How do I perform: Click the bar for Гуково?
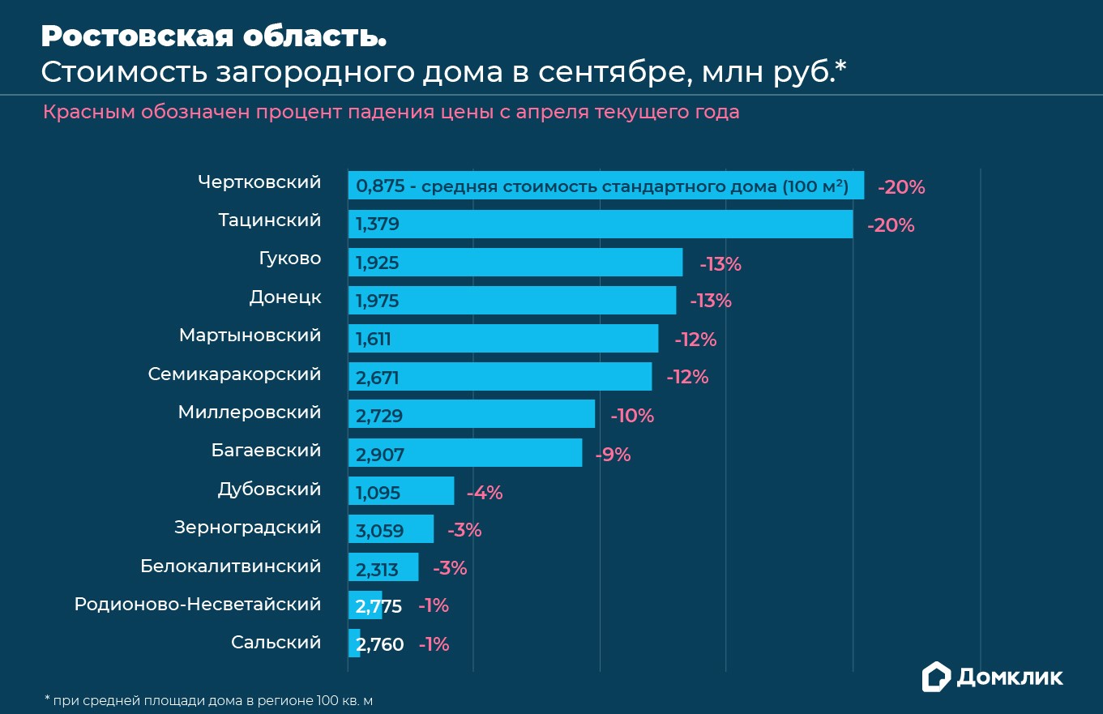pos(515,263)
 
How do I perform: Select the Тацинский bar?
pos(601,224)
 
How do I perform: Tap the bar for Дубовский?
pos(401,491)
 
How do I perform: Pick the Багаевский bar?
pos(465,453)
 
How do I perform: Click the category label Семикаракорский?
pos(234,374)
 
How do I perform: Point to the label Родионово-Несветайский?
pos(198,605)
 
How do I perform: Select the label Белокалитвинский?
pos(231,566)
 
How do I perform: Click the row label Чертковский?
pos(259,182)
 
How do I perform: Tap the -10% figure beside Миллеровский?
pos(632,416)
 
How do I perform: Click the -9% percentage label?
pos(613,455)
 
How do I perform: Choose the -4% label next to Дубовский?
pos(485,493)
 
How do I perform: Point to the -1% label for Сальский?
pos(434,645)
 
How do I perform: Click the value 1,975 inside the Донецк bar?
pos(378,301)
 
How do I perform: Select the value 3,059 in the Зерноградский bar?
pos(379,532)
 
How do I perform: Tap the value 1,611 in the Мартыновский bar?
pos(374,340)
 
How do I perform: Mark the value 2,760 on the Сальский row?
pos(380,645)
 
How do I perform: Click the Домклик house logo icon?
pos(936,677)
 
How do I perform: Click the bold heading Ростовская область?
pos(214,36)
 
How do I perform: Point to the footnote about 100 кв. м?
pos(208,699)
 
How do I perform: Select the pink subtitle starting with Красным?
pos(391,112)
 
